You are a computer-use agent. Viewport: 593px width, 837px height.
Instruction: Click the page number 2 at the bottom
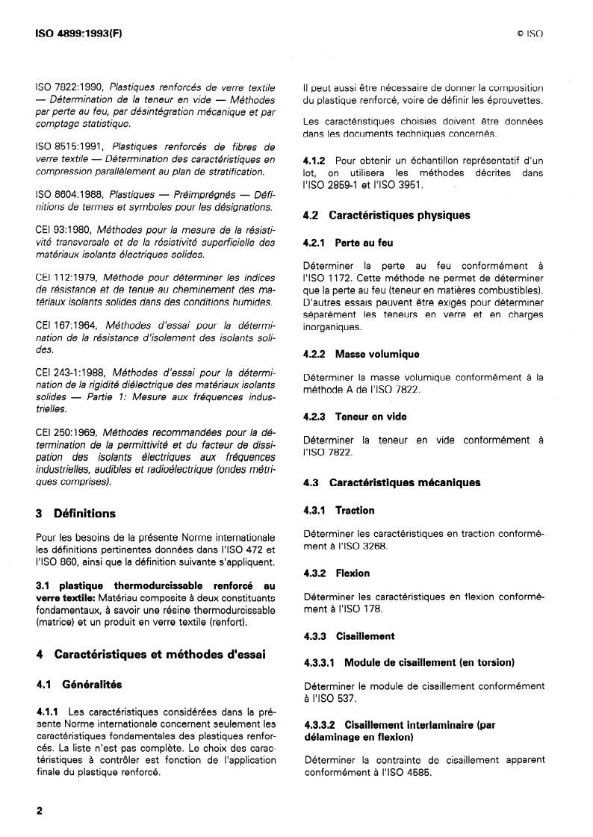click(39, 812)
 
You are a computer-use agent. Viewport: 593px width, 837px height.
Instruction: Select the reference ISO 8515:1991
click(71, 146)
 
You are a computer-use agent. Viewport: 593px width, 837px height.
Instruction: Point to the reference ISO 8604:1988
click(71, 193)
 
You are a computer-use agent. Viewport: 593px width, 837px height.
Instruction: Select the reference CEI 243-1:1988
click(73, 373)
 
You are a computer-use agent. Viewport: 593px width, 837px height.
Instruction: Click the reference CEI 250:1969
click(69, 432)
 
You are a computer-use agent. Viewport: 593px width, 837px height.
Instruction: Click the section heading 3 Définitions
click(75, 513)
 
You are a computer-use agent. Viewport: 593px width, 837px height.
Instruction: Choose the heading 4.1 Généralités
click(78, 683)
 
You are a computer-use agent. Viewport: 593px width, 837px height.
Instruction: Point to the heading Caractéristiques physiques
click(400, 215)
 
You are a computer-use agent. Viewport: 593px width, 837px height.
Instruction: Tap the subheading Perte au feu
click(364, 243)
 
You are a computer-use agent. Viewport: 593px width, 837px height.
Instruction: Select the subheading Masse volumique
click(377, 354)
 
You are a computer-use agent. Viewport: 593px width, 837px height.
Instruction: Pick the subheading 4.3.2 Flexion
click(337, 573)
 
